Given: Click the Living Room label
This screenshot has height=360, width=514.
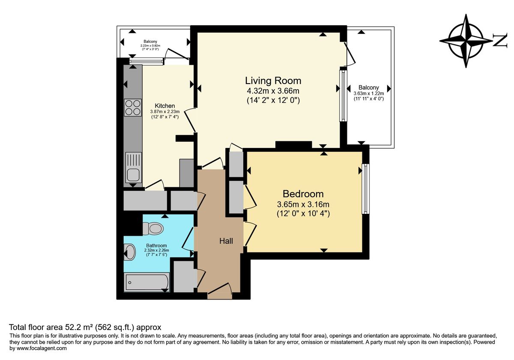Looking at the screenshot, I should [273, 81].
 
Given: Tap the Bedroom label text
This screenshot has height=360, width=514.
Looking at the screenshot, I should [302, 194].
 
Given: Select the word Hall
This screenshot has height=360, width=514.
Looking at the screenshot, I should [226, 241].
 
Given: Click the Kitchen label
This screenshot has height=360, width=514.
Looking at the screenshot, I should [164, 106].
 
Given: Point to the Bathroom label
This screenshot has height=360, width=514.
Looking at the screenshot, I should [156, 246].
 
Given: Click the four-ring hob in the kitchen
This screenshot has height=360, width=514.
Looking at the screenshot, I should [133, 107].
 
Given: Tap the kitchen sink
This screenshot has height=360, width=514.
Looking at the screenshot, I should [133, 168].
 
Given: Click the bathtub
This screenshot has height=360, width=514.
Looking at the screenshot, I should [146, 282].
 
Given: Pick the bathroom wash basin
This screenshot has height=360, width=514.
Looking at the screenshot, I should [128, 252].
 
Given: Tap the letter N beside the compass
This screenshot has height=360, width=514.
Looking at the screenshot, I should [500, 41].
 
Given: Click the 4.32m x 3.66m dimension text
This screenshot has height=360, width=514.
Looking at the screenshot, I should [273, 91].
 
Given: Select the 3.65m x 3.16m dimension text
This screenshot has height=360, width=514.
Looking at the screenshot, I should [303, 204].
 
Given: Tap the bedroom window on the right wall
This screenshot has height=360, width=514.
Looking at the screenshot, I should [365, 189].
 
